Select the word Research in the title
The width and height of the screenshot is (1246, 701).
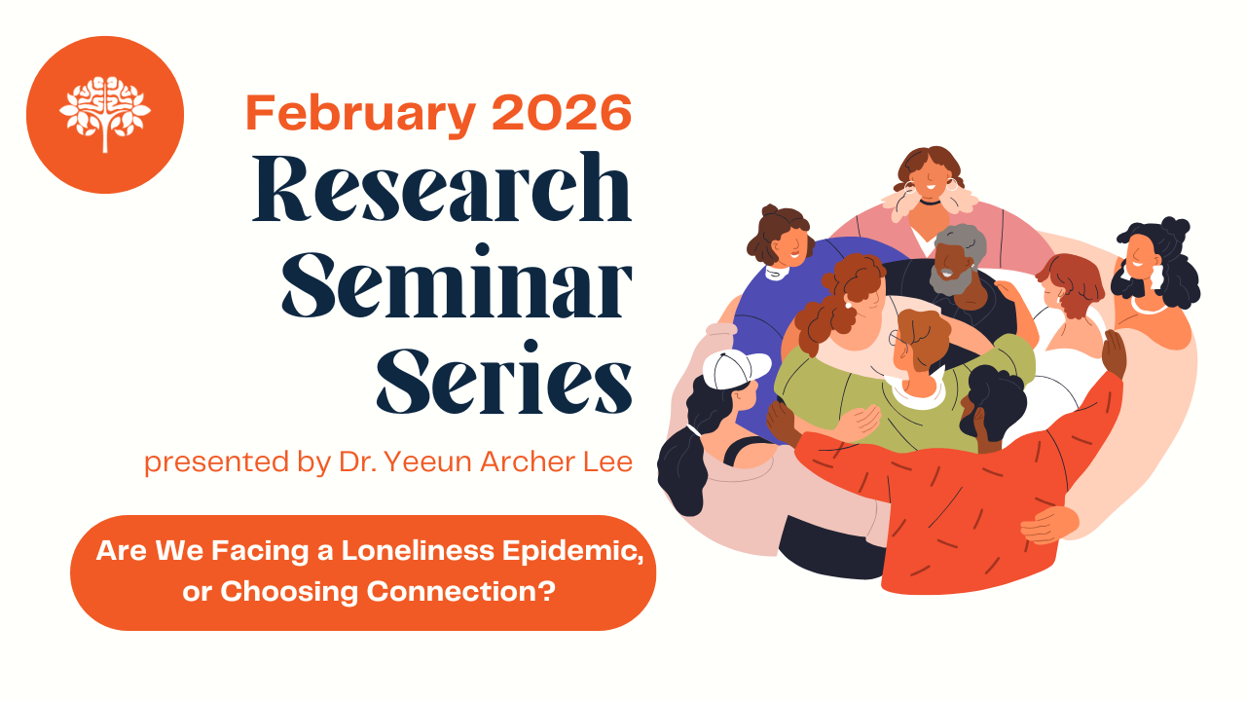coord(443,190)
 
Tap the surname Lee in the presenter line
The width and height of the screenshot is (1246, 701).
coord(607,461)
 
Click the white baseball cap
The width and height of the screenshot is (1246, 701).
coord(734,368)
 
